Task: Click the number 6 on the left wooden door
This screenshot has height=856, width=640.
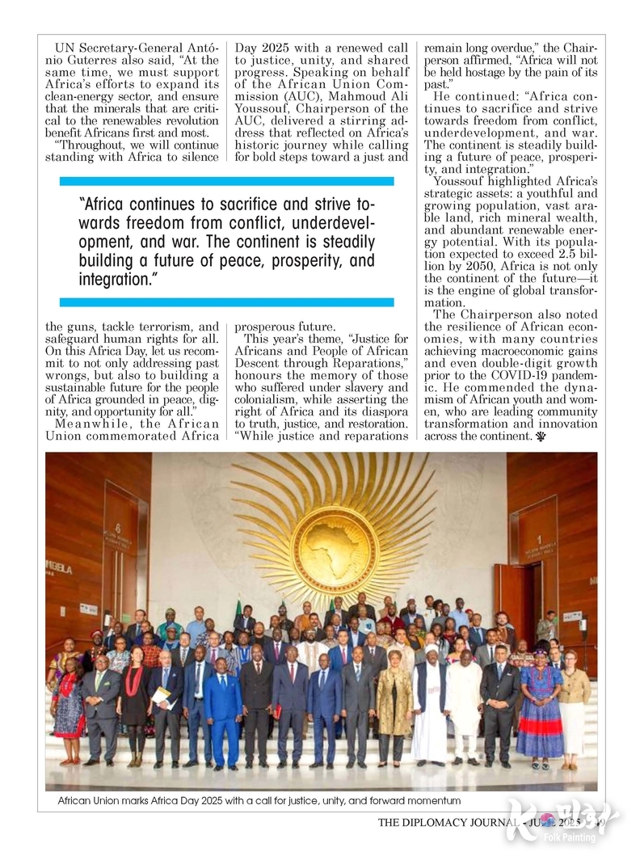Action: point(118,526)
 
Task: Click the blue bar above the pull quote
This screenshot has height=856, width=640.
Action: point(226,181)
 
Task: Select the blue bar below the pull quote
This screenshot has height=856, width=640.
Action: point(226,302)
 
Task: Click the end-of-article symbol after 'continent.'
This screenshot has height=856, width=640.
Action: point(540,436)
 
